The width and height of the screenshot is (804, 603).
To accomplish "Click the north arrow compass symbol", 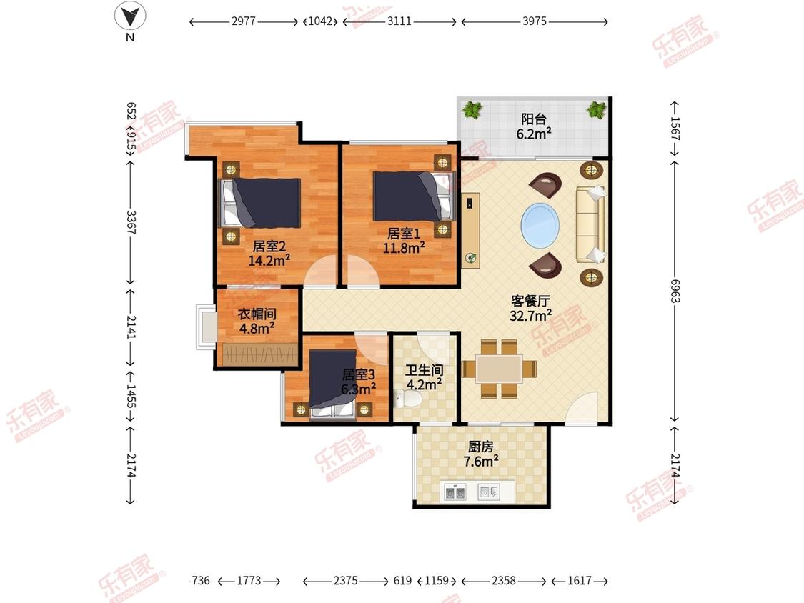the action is pos(130,16).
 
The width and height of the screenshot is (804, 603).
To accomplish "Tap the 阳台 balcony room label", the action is pos(534,126).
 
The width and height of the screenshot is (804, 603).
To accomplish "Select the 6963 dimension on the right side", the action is pos(675,291).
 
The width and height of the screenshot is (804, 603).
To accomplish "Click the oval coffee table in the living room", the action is pos(540,225).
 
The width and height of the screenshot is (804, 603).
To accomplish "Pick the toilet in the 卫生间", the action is pos(406,399).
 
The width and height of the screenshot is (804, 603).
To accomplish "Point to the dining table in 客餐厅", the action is pos(499,369).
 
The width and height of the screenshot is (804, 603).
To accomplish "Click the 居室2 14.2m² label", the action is pos(269,254).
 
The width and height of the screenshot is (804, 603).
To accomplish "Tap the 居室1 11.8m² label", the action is pos(404,241).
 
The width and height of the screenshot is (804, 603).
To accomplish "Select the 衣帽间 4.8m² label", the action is pos(257,321).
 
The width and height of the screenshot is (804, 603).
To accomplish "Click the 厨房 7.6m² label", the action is pos(480,454).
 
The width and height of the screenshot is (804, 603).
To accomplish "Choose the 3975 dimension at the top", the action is pos(535,21).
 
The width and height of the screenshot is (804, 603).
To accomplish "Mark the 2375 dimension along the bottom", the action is pos(346,580).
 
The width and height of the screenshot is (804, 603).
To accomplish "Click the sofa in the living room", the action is pos(590,224).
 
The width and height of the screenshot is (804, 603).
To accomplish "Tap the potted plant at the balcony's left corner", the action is pos(472,109).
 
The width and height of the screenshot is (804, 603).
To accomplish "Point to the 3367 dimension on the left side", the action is pos(131,222).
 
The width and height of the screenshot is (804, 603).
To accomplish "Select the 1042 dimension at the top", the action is pos(320,21).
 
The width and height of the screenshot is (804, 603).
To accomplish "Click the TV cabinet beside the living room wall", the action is pos(470,230).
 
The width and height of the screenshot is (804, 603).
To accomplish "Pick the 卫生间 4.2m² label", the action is pos(424,377).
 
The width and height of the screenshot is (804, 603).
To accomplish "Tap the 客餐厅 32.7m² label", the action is pos(531,308).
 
